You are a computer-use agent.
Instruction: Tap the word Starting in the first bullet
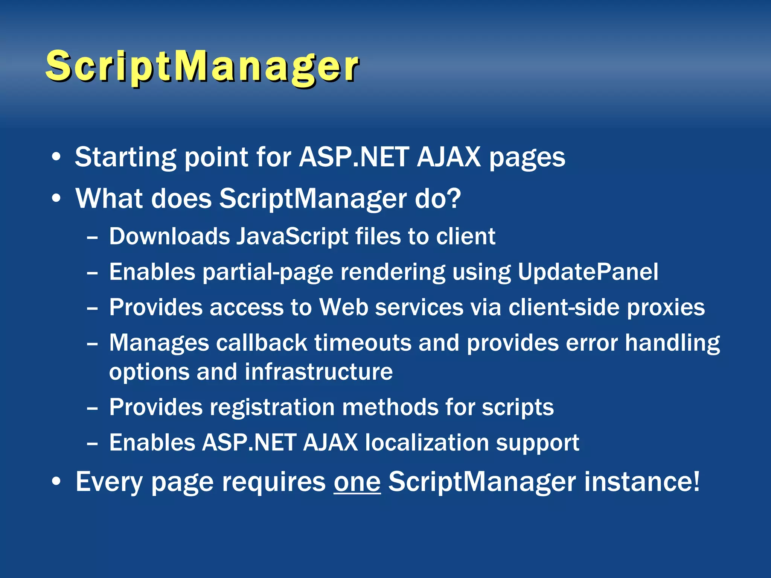coord(125,157)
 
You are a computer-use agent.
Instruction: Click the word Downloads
coord(169,237)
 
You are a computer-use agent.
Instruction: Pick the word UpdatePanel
coord(588,272)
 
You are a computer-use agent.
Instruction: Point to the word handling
coord(672,344)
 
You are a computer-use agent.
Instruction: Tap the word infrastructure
coord(318,372)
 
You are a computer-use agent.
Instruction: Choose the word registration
coord(272,408)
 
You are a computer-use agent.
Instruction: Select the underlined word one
coord(357,482)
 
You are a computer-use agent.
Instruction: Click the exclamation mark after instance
coord(696,481)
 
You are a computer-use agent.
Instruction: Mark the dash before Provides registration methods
coord(92,408)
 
